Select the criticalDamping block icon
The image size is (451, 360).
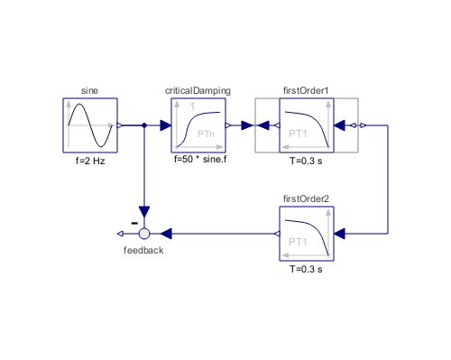(x=198, y=126)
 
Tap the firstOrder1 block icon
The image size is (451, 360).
(x=307, y=126)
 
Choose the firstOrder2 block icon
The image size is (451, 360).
(x=307, y=235)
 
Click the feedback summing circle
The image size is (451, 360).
(x=144, y=235)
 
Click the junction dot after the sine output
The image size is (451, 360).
(x=144, y=126)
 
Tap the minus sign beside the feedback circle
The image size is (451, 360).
(x=133, y=220)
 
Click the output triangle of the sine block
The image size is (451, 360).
(x=121, y=126)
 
